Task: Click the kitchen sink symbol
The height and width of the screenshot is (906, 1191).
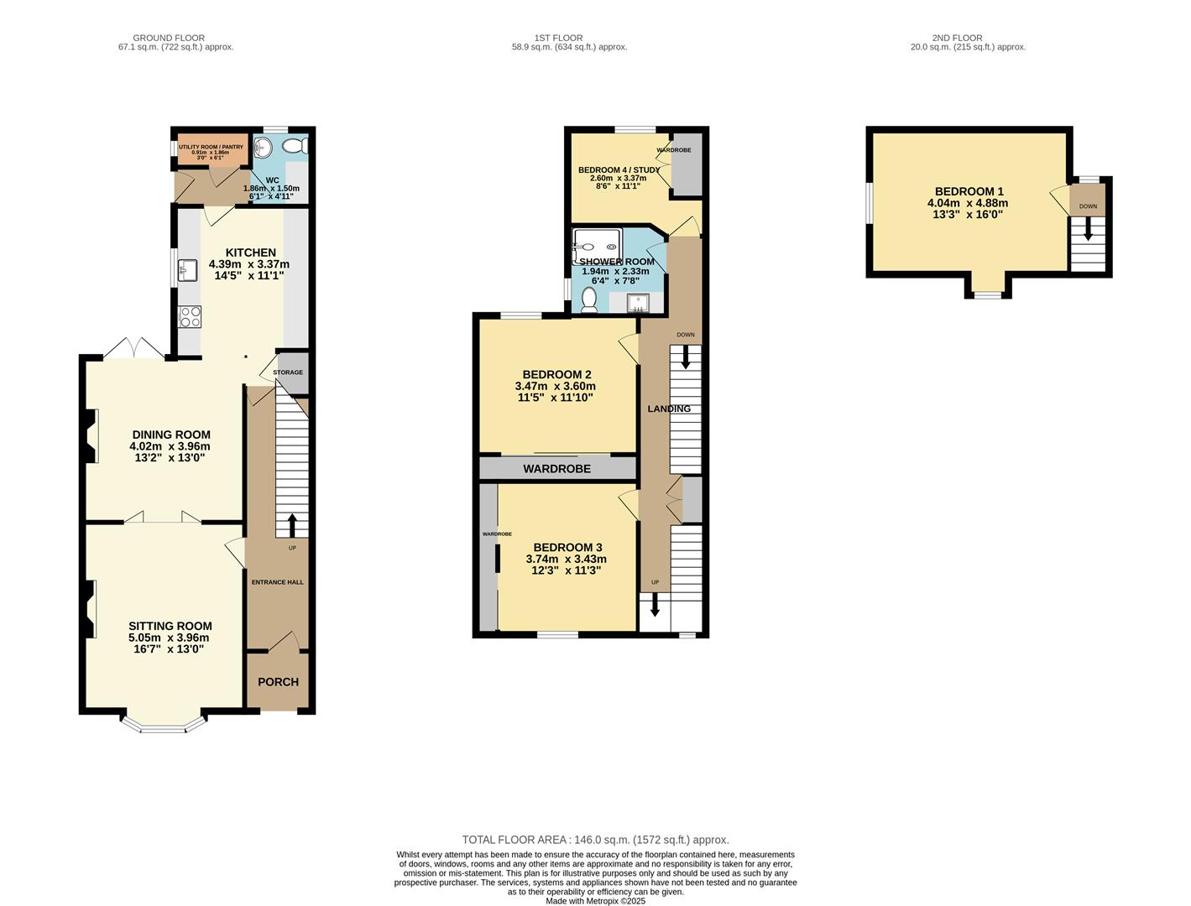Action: click(188, 270)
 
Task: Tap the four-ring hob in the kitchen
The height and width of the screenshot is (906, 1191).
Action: click(190, 317)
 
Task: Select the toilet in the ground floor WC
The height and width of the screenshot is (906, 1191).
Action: click(295, 146)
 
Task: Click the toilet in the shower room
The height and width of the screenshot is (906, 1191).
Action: click(589, 300)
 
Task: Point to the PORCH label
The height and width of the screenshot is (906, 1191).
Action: click(278, 682)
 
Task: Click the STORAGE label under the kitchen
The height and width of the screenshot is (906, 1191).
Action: click(288, 372)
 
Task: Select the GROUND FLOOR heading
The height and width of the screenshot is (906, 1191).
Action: click(169, 38)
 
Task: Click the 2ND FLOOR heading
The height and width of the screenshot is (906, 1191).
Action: click(957, 38)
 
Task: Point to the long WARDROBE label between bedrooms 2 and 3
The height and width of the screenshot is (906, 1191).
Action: click(557, 469)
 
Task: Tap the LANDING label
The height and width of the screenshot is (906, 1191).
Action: click(669, 409)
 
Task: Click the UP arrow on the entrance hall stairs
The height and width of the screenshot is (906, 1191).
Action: click(292, 525)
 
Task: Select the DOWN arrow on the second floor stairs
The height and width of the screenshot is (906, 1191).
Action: click(1088, 228)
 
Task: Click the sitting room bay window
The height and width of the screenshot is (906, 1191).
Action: click(164, 726)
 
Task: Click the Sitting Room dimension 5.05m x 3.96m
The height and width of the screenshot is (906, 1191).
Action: click(169, 638)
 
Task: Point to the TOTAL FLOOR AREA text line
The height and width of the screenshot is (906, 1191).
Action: click(595, 840)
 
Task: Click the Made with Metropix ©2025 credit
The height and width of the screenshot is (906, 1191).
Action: click(595, 901)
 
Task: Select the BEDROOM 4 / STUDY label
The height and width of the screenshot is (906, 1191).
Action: click(619, 170)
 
